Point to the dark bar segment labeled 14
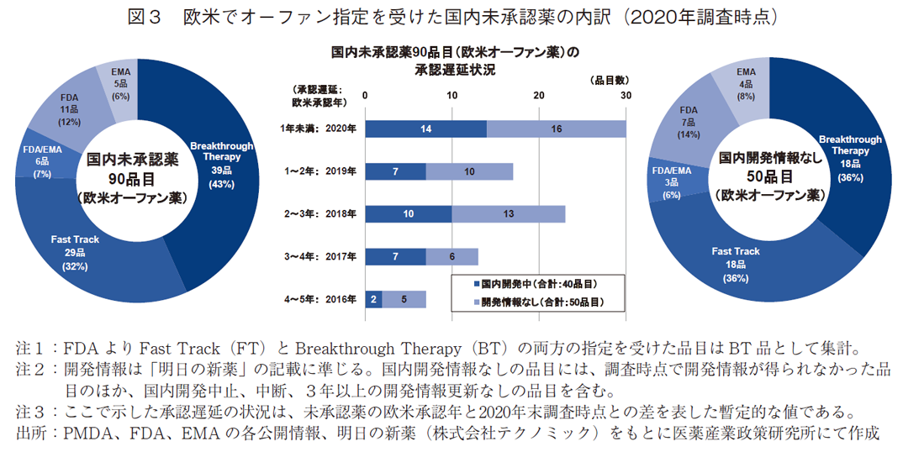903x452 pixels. pos(425,129)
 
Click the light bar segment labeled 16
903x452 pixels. pos(556,129)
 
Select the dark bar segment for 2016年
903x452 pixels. pos(373,299)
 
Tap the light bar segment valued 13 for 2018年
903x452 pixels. pos(508,214)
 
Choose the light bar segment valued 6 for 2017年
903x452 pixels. pos(451,256)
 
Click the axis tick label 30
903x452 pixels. pos(626,95)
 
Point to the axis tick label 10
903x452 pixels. pos(451,95)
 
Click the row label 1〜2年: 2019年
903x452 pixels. pos(319,171)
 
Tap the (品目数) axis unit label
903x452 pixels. pos(607,80)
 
